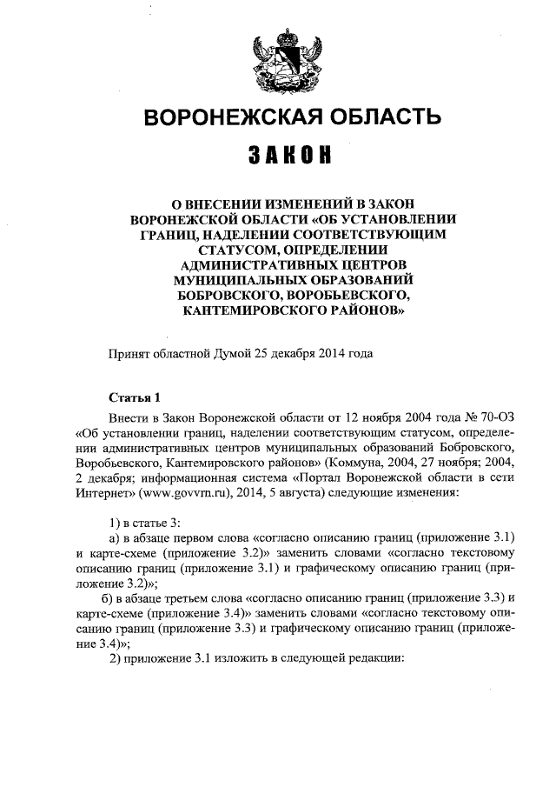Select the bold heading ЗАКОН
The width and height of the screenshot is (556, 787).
(x=278, y=157)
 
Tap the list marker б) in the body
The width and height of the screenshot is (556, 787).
(x=109, y=599)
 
